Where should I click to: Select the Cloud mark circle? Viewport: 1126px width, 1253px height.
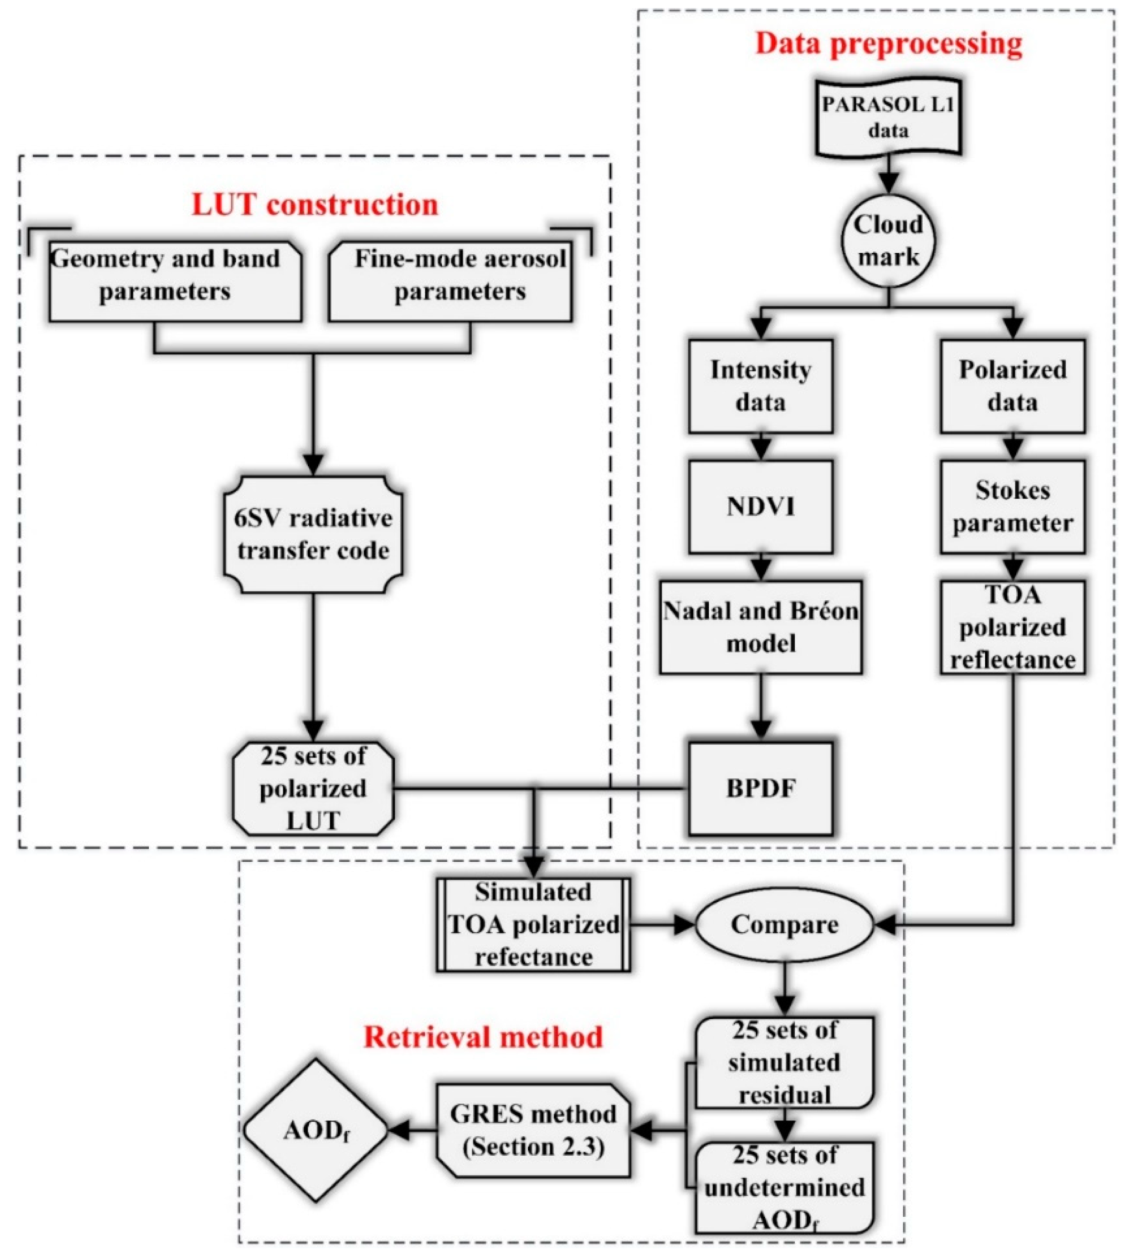point(888,240)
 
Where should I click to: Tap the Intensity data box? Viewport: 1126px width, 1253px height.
point(761,386)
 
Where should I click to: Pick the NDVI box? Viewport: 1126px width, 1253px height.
point(761,506)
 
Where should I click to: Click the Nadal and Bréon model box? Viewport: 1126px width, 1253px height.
point(761,627)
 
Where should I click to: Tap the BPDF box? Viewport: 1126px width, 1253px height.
point(761,789)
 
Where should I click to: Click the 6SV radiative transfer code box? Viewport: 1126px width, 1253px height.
point(313,534)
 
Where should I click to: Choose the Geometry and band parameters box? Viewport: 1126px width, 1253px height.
point(175,282)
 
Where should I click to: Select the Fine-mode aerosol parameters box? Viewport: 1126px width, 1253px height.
point(450,282)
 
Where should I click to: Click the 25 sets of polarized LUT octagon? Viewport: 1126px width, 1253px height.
point(313,789)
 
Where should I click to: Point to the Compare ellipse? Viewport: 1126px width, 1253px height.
point(784,925)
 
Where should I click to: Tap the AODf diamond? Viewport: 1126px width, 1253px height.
point(315,1130)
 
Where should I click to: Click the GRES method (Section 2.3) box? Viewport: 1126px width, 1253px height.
point(533,1130)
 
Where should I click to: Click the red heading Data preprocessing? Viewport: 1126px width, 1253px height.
point(888,44)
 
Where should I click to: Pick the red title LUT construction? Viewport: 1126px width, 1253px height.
point(314,204)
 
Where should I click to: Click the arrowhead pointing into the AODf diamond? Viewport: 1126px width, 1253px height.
point(399,1130)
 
